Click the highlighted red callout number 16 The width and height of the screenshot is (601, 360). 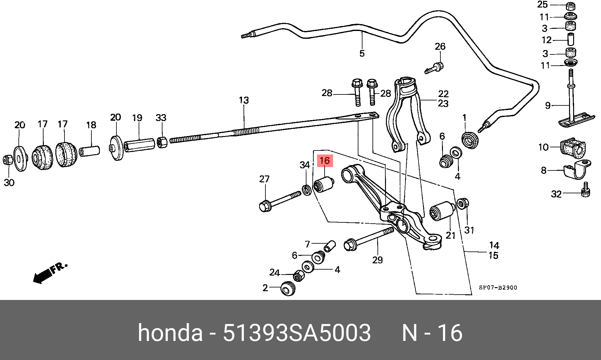coord(325,161)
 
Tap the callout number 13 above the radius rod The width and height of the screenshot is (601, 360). coord(244,100)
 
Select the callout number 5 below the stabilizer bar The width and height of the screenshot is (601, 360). coord(362,53)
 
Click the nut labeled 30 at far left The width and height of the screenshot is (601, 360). coord(8,160)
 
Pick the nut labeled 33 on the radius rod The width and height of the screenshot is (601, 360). coord(162,143)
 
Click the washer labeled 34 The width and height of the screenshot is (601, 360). coord(306,190)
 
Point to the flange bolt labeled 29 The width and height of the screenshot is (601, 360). coord(369,239)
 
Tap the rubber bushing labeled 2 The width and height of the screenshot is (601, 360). coord(288,288)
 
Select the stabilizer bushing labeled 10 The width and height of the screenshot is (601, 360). coord(573,148)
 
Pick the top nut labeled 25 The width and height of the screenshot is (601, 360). coord(571,6)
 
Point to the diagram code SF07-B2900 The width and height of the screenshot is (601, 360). coord(498,287)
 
